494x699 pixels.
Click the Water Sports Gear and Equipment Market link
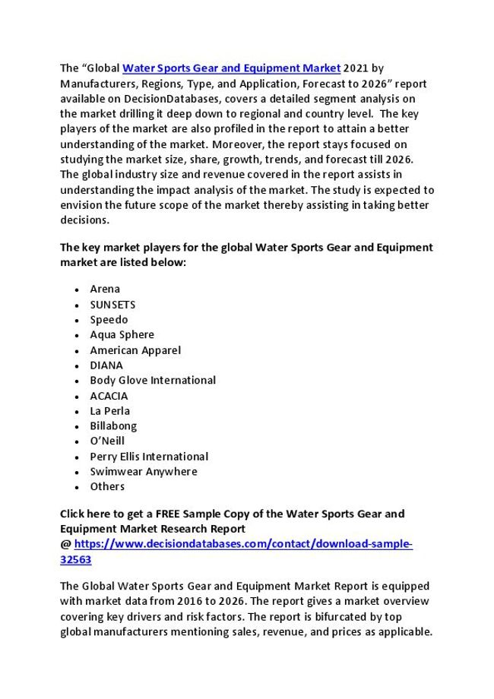pyautogui.click(x=231, y=68)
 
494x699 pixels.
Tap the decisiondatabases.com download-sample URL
pyautogui.click(x=243, y=544)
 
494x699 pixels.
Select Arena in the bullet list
pyautogui.click(x=105, y=289)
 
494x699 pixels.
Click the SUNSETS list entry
pyautogui.click(x=112, y=304)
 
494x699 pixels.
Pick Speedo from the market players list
pyautogui.click(x=109, y=319)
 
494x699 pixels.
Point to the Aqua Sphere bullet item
pyautogui.click(x=122, y=334)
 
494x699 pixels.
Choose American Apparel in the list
pyautogui.click(x=135, y=350)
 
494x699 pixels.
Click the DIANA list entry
pyautogui.click(x=106, y=365)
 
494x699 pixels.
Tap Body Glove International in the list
pyautogui.click(x=153, y=380)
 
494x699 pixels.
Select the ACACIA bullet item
pyautogui.click(x=109, y=396)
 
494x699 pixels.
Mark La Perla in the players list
pyautogui.click(x=110, y=410)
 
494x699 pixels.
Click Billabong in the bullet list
pyautogui.click(x=113, y=425)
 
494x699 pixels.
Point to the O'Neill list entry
pyautogui.click(x=107, y=441)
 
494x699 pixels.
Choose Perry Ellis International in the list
pyautogui.click(x=149, y=457)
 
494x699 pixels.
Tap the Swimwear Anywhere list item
pyautogui.click(x=144, y=471)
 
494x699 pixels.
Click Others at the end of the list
pyautogui.click(x=107, y=486)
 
